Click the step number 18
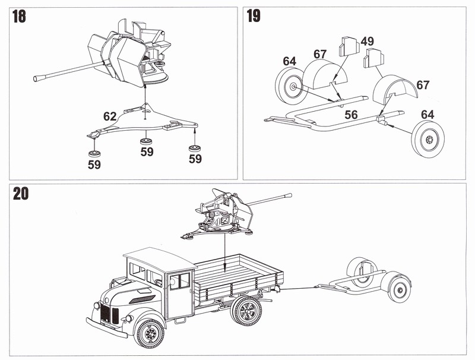19,16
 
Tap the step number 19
254,16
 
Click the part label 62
110,117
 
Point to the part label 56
351,114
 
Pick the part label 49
367,41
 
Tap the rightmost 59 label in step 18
195,159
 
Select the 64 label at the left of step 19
290,61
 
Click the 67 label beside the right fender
423,85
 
